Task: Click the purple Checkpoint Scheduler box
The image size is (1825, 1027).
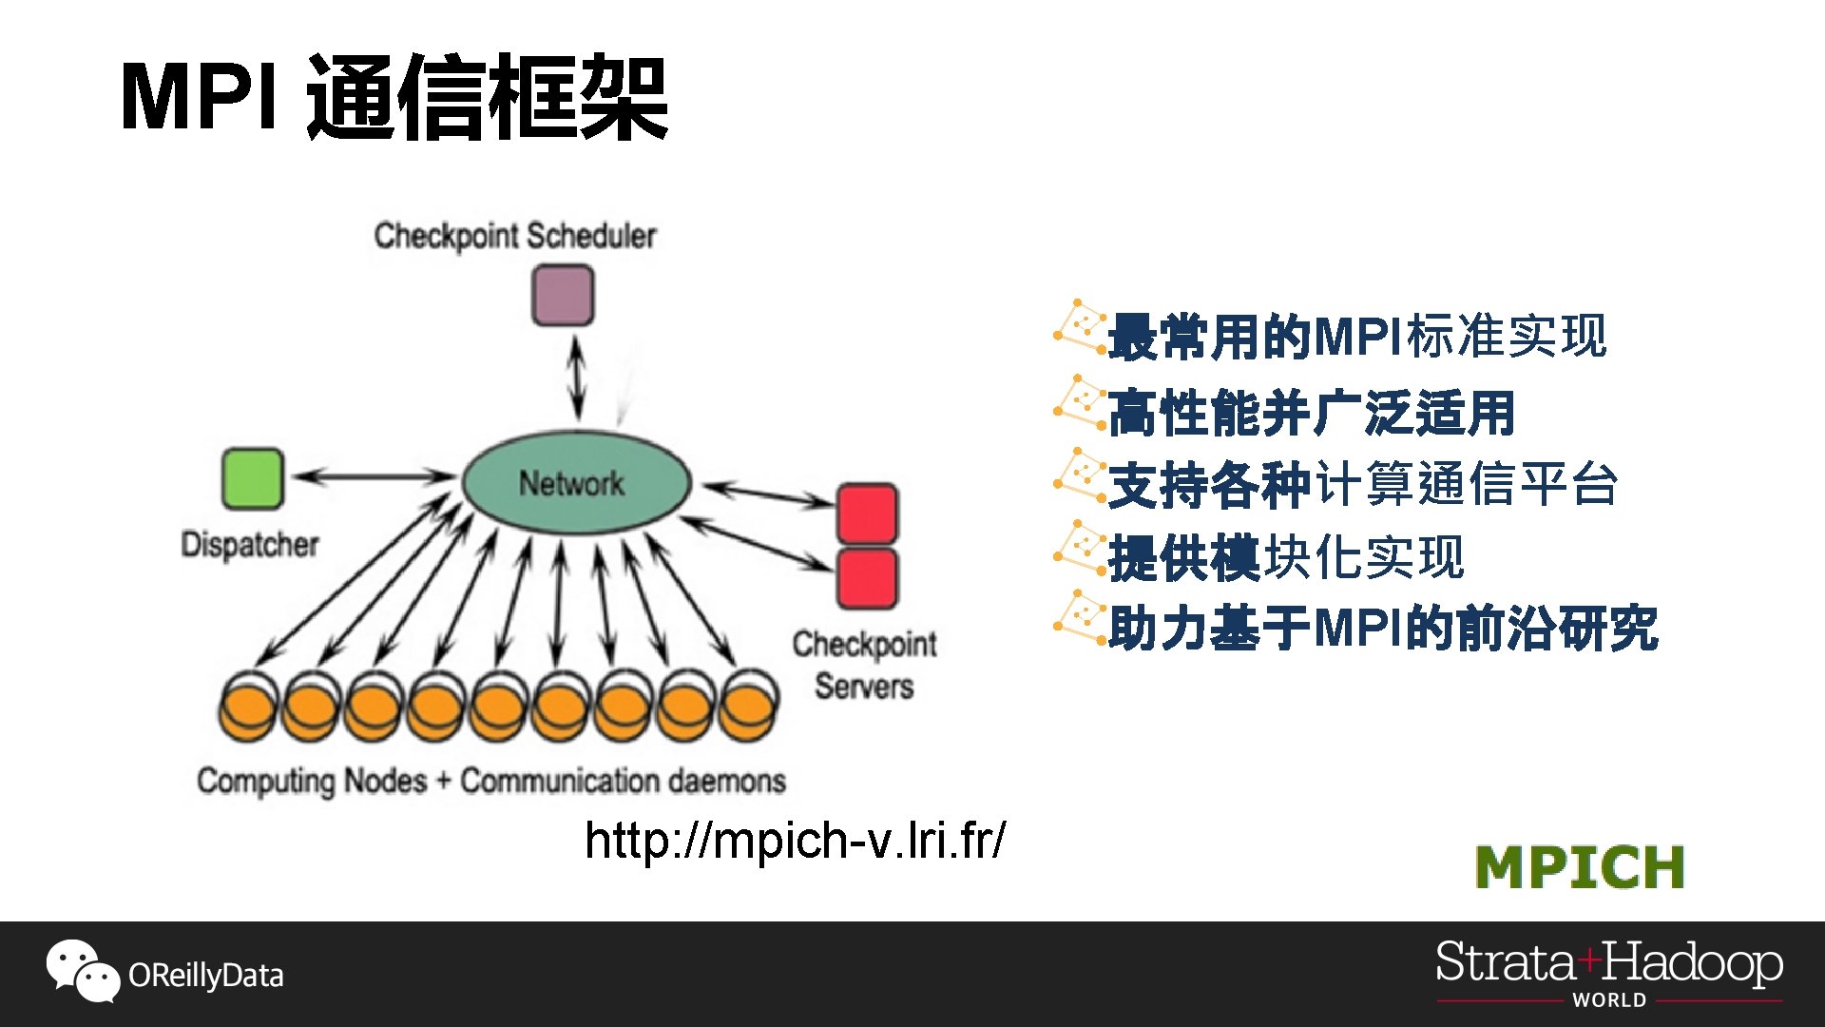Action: point(563,296)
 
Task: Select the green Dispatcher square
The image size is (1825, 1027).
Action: point(252,478)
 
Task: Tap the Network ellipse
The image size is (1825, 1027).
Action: point(576,483)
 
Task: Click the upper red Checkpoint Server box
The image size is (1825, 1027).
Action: point(866,513)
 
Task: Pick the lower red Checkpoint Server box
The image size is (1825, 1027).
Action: point(866,577)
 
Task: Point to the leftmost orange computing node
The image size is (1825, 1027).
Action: point(248,709)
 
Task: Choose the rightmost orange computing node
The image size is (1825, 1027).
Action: point(748,709)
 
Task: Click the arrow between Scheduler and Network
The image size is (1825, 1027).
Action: point(576,378)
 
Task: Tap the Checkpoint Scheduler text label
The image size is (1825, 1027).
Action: point(514,236)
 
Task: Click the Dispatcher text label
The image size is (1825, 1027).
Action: point(249,545)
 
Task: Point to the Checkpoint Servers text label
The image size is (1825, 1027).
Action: point(864,665)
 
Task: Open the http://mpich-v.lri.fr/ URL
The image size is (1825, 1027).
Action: point(795,841)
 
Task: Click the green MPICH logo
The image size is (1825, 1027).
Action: point(1580,867)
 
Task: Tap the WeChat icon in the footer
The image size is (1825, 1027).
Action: point(82,971)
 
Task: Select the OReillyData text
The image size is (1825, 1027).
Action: point(205,976)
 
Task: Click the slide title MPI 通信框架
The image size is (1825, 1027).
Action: point(394,97)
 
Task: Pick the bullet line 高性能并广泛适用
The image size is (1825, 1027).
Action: point(1312,413)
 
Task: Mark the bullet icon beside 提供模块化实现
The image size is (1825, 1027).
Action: point(1080,546)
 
